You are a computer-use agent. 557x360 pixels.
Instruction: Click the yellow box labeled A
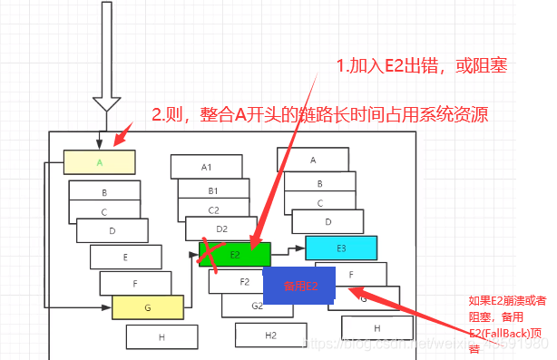[99, 162]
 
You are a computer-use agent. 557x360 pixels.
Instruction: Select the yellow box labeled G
[148, 308]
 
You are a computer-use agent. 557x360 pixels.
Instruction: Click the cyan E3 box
[341, 248]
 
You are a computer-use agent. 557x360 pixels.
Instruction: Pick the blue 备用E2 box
[299, 285]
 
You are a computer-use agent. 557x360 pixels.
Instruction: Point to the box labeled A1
[206, 167]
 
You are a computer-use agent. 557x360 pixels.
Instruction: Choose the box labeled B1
[213, 190]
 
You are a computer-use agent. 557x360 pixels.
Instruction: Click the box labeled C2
[214, 209]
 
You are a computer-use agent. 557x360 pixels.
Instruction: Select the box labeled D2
[221, 229]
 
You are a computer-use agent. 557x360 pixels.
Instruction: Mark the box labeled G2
[257, 306]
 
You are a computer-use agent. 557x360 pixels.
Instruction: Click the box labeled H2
[270, 335]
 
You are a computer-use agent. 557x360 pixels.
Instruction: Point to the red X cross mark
[211, 254]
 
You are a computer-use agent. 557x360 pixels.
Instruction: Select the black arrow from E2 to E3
[288, 248]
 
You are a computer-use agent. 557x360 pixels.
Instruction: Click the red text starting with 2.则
[320, 115]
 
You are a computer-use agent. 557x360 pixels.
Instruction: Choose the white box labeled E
[125, 258]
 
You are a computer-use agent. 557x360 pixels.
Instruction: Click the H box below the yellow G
[161, 336]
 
